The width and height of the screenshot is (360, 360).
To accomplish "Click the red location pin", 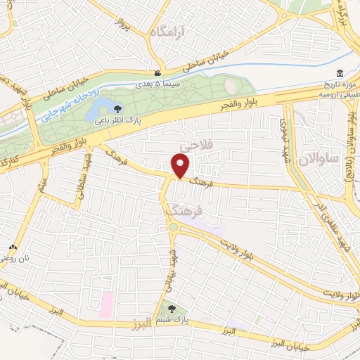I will pyautogui.click(x=182, y=167).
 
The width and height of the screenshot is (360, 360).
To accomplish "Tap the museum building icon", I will pyautogui.click(x=340, y=74).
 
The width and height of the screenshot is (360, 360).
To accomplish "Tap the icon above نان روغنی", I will pyautogui.click(x=12, y=248).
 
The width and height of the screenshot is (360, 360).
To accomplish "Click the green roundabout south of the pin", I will pyautogui.click(x=172, y=227).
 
